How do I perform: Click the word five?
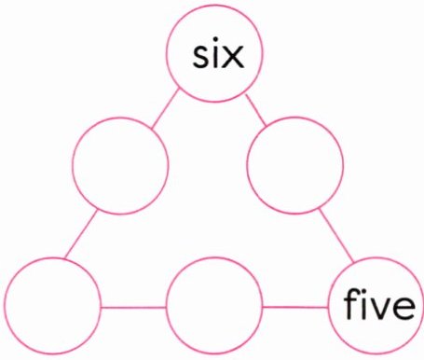pos(379,304)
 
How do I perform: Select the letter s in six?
pos(201,57)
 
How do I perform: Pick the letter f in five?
pos(350,304)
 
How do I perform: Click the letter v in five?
pos(377,308)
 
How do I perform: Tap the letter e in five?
pos(403,308)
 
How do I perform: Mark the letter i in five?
pos(362,304)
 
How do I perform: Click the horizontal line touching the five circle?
pos(295,307)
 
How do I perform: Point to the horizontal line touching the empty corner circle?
pos(133,308)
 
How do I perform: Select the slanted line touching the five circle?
pos(336,236)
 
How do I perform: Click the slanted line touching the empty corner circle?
pos(81,234)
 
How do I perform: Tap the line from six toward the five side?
pos(256,110)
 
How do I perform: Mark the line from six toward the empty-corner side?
pos(165,109)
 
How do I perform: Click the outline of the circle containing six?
pos(166,53)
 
